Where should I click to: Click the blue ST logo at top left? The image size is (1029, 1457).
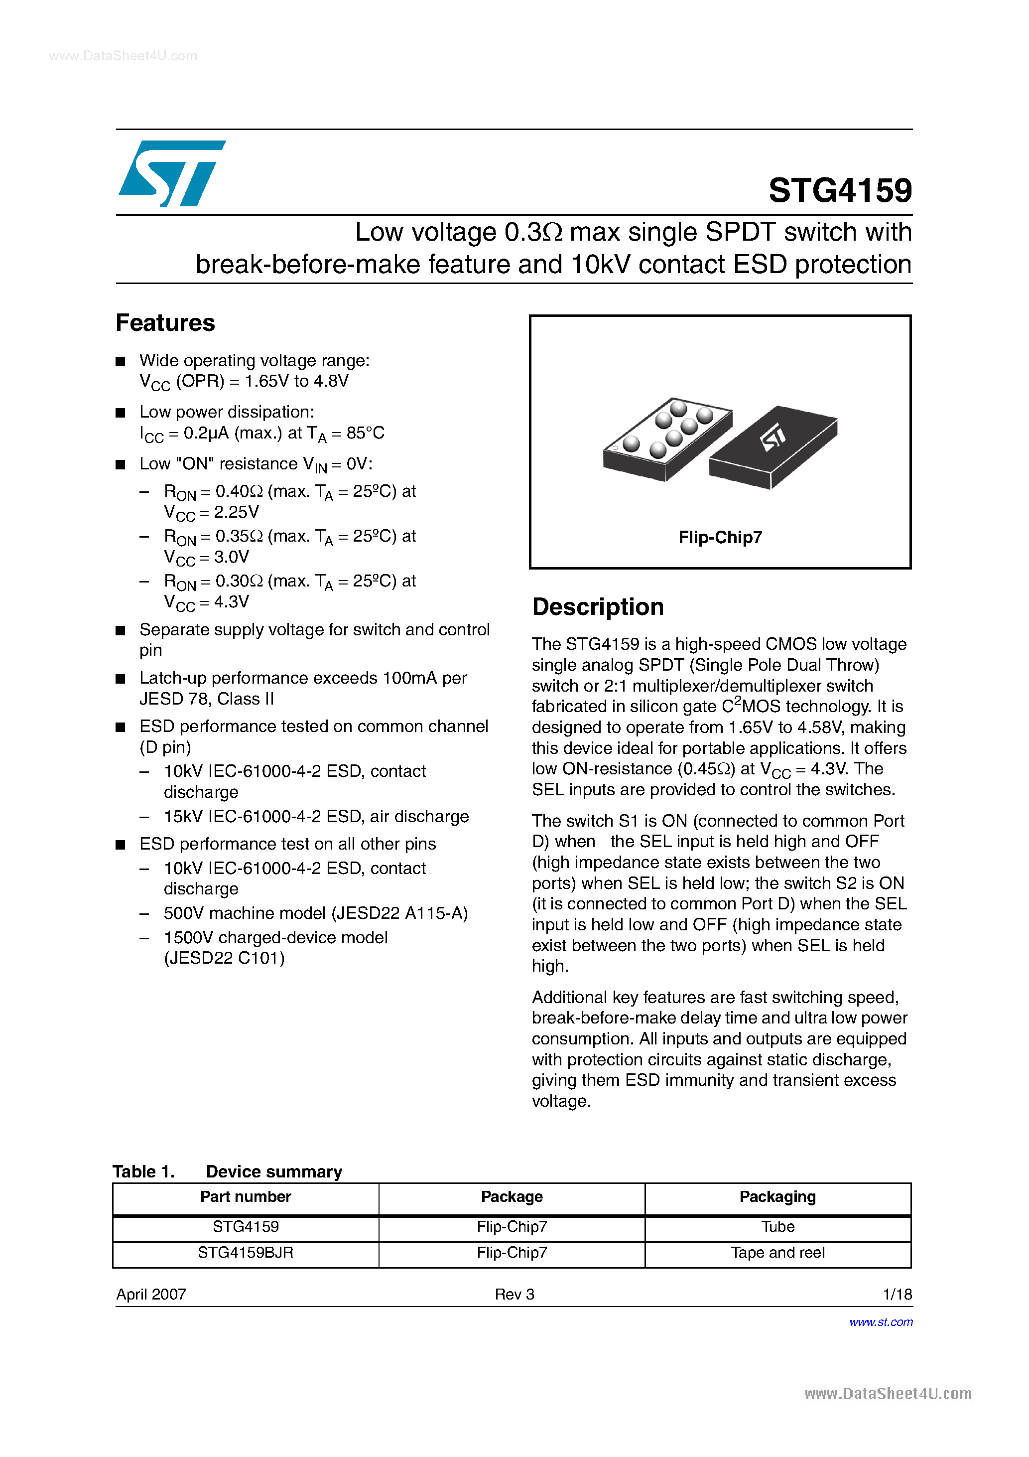(x=171, y=173)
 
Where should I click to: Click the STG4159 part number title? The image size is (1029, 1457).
(x=839, y=190)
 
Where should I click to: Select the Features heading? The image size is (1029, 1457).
(x=165, y=323)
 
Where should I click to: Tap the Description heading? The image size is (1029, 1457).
(x=598, y=606)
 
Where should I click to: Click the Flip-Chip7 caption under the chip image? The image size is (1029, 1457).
(x=719, y=538)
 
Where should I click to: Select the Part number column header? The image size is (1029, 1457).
(x=246, y=1196)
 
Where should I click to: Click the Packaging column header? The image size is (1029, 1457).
(x=777, y=1196)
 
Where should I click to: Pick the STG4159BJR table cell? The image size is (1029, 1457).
(x=246, y=1252)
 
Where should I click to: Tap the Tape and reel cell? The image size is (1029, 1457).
(x=777, y=1252)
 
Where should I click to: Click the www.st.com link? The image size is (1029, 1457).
(x=881, y=1322)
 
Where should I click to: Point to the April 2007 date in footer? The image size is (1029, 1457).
(x=151, y=1294)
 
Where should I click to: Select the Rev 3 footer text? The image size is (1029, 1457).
(x=514, y=1294)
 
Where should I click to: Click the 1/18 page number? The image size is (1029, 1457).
(x=897, y=1294)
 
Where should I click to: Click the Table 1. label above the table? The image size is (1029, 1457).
(x=143, y=1171)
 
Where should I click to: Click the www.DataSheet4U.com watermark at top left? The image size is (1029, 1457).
(x=123, y=56)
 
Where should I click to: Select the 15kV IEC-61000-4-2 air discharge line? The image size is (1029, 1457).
(x=316, y=816)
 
